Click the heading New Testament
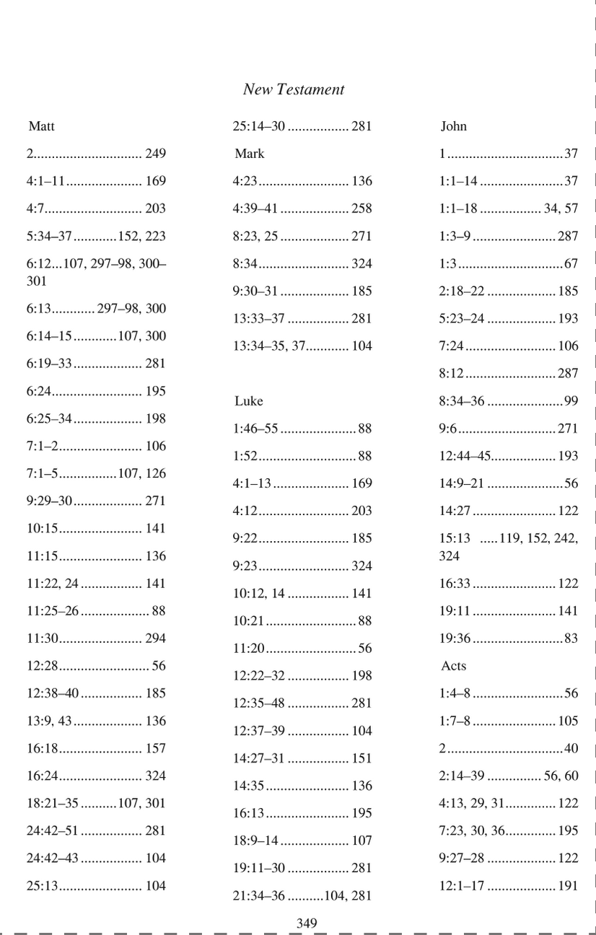pos(293,89)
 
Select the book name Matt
pos(41,126)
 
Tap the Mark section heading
pos(249,154)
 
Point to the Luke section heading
pos(248,401)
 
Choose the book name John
pos(453,126)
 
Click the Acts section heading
pos(453,666)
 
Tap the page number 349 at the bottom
pos(307,923)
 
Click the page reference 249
pos(155,154)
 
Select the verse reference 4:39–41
pos(255,208)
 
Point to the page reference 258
pos(361,208)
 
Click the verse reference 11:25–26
pos(52,610)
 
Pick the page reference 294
pos(155,638)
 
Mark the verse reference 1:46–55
pos(255,429)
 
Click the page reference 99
pos(571,401)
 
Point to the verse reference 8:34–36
pos(462,401)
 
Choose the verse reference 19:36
pos(455,638)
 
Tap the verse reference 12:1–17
pos(462,885)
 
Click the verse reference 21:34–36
pos(258,896)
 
